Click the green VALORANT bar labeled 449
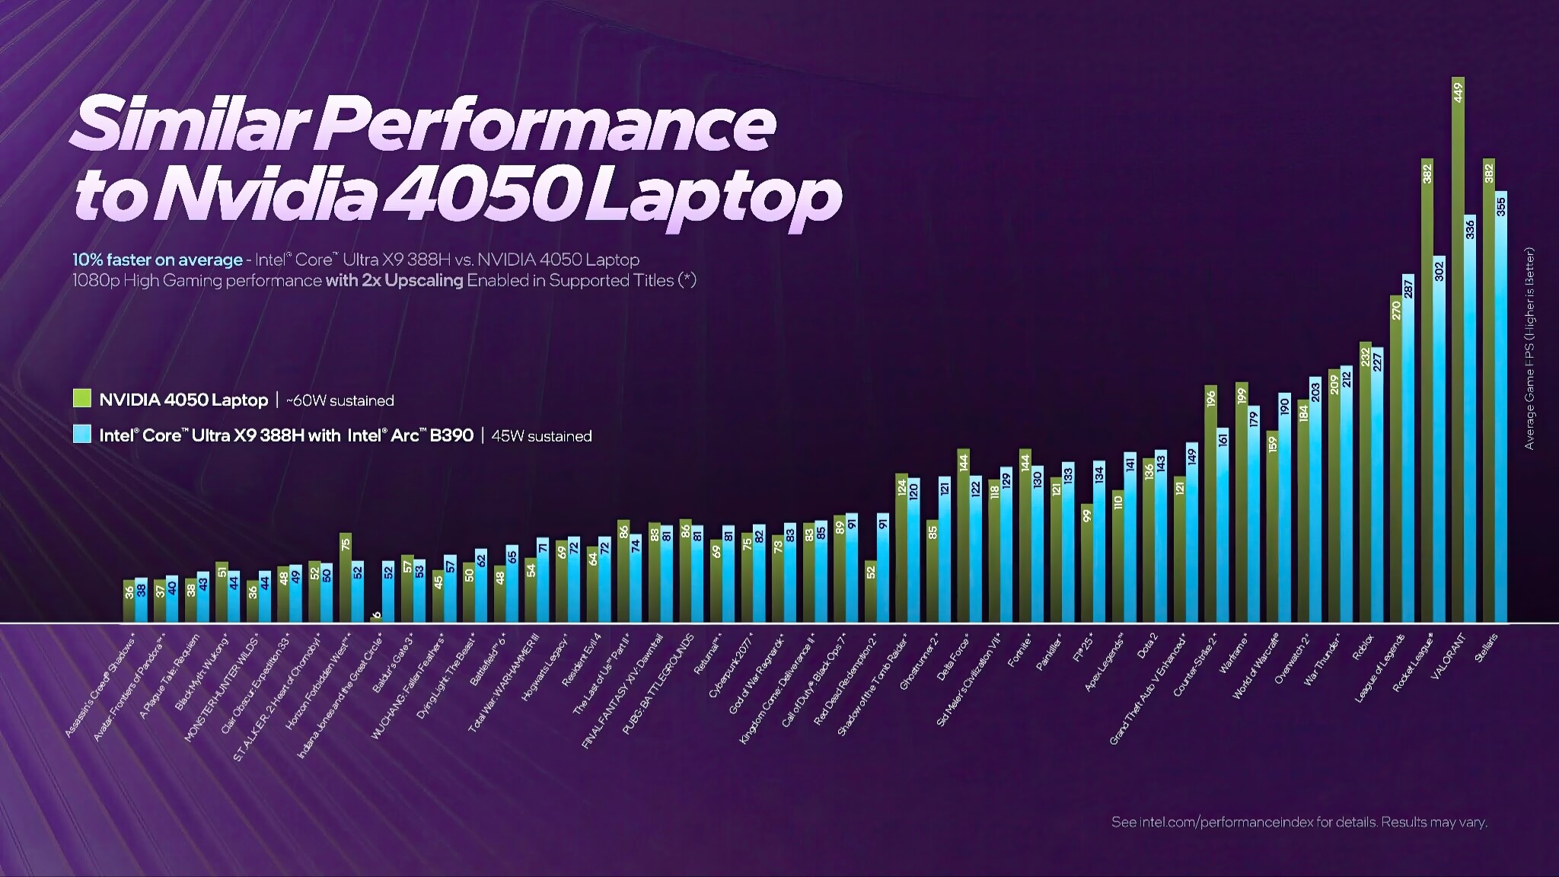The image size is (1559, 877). click(1458, 350)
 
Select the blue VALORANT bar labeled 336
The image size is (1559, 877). click(1470, 419)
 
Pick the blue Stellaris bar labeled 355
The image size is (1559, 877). click(1501, 407)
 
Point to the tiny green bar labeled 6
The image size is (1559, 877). click(376, 619)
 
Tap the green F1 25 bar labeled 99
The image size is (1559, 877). click(1087, 563)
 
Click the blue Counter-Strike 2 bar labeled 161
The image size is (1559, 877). click(1223, 525)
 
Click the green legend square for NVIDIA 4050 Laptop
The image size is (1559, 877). click(81, 399)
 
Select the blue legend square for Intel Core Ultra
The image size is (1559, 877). click(81, 434)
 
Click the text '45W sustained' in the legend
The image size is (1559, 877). click(541, 436)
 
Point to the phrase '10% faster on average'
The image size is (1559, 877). click(157, 260)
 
